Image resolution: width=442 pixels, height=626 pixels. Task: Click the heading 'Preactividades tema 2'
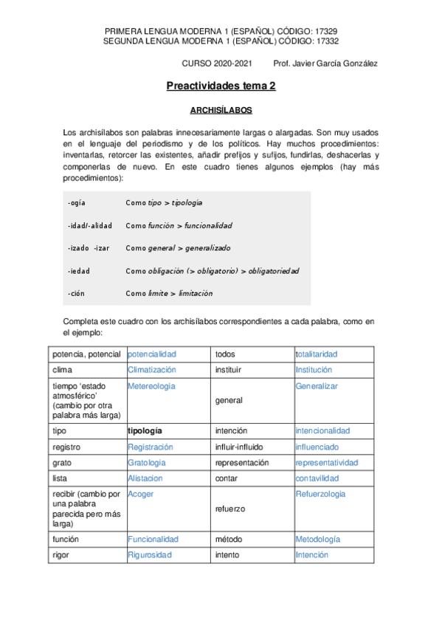coord(221,86)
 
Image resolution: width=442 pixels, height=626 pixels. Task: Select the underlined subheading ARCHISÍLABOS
coord(221,110)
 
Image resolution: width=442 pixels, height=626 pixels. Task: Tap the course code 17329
coord(325,31)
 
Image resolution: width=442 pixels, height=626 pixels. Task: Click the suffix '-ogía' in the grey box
coord(77,202)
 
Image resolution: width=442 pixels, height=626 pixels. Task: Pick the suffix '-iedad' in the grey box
coord(79,271)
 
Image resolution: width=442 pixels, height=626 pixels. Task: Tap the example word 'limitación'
coord(196,293)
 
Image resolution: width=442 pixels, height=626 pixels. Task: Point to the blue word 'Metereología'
coord(151,386)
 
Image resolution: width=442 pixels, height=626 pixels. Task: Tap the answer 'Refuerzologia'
coord(320,494)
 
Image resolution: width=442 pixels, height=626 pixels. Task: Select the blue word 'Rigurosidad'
coord(150,554)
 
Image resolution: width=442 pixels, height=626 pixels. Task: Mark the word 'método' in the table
coord(227,539)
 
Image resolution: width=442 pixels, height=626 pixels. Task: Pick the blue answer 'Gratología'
coord(147,463)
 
